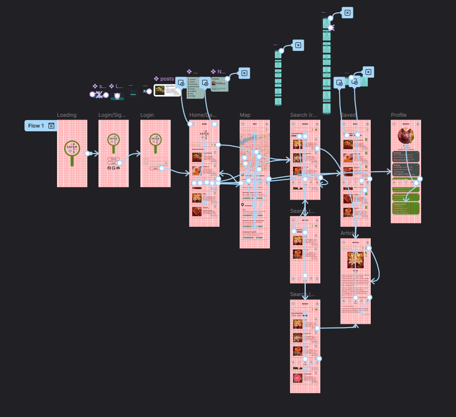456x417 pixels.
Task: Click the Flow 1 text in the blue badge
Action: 36,126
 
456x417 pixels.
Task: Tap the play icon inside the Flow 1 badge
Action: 51,126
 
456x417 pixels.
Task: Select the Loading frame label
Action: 66,115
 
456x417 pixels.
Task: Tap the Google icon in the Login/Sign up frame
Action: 114,168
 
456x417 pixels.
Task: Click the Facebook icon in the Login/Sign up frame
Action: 109,168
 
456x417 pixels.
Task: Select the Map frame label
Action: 245,115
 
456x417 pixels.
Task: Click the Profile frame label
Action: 399,115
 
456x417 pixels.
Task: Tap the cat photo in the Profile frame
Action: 406,136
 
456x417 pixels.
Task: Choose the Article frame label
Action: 348,233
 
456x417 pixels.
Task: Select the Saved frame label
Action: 348,115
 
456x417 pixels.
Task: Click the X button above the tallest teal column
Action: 347,13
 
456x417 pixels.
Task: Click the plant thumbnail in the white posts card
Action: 160,90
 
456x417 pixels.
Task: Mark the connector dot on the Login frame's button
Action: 162,168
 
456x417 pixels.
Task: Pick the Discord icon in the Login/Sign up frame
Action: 118,168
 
